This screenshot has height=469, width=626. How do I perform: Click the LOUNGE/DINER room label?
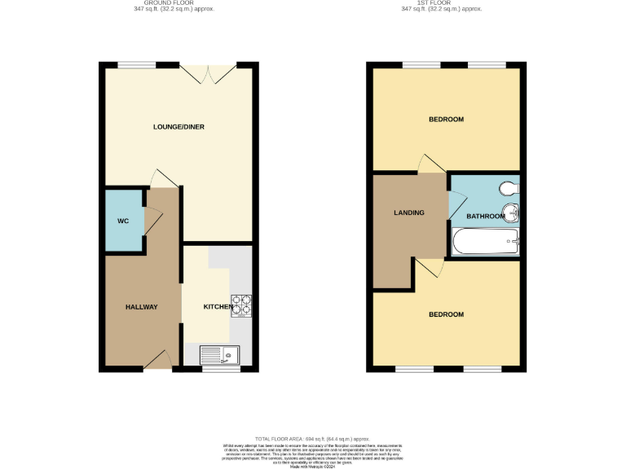pyautogui.click(x=179, y=127)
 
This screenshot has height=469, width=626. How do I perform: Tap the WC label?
pyautogui.click(x=122, y=221)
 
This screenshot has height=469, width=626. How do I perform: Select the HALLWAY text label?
pyautogui.click(x=141, y=307)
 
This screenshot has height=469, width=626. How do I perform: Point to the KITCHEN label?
pyautogui.click(x=218, y=307)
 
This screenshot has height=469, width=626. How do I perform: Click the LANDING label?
pyautogui.click(x=408, y=213)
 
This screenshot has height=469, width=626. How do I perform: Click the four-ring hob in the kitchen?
pyautogui.click(x=242, y=304)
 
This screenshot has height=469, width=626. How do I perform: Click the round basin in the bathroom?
pyautogui.click(x=512, y=215)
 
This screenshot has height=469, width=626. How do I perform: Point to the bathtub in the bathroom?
pyautogui.click(x=486, y=241)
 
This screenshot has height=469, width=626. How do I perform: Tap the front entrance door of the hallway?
pyautogui.click(x=161, y=361)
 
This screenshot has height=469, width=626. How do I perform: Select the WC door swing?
pyautogui.click(x=152, y=217)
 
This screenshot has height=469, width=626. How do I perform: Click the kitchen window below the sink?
pyautogui.click(x=221, y=369)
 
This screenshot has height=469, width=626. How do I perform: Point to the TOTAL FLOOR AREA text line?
pyautogui.click(x=312, y=437)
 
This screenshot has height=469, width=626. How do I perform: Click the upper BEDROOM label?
pyautogui.click(x=446, y=120)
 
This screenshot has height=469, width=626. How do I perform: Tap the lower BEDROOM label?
pyautogui.click(x=446, y=314)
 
